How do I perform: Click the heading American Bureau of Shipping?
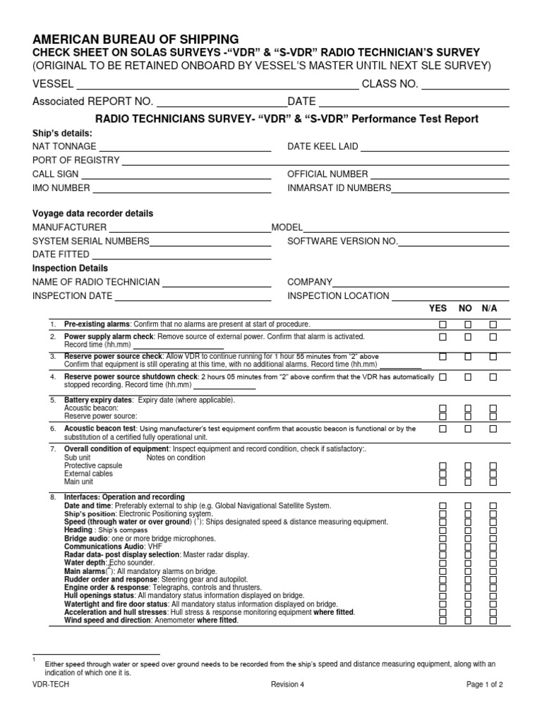click(135, 39)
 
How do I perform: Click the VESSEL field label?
click(53, 85)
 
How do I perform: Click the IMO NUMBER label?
click(61, 188)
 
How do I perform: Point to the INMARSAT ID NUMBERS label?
click(339, 188)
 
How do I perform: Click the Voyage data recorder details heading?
click(93, 214)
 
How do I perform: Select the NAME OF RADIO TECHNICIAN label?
click(96, 282)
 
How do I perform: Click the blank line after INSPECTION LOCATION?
click(450, 298)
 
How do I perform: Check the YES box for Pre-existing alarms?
click(442, 324)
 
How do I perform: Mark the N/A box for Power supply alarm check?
click(493, 337)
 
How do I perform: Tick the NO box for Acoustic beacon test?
click(468, 429)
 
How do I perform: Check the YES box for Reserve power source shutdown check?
click(442, 377)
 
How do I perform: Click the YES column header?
click(438, 309)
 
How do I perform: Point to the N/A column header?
click(490, 309)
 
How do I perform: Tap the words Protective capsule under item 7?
click(93, 466)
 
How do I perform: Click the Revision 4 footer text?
click(288, 685)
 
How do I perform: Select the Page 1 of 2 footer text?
click(484, 685)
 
